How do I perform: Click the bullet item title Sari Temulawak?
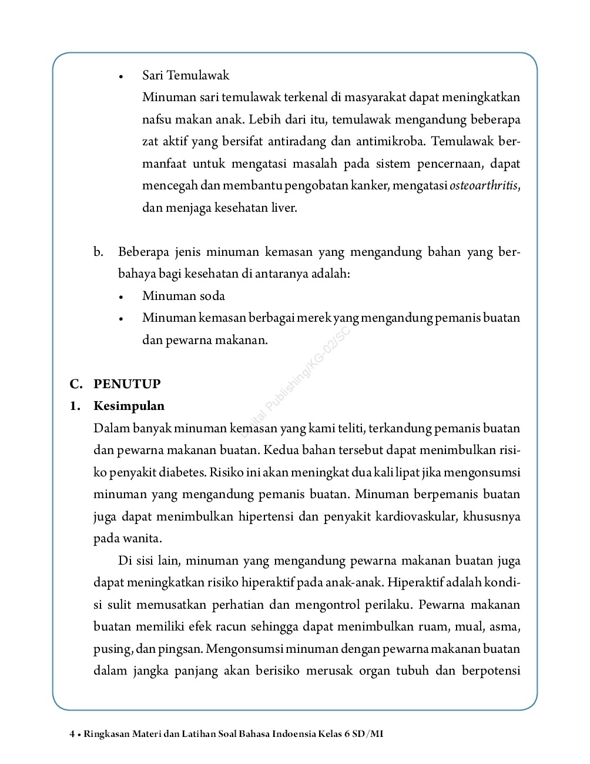(185, 75)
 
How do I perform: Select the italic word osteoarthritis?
(484, 186)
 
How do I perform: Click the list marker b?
(98, 252)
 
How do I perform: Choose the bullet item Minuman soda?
(183, 296)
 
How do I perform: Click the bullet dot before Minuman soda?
(121, 297)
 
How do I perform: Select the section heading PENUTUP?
(127, 384)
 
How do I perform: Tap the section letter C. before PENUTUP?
(76, 384)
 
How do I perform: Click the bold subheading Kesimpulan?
(129, 406)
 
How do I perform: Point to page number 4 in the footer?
(72, 734)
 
